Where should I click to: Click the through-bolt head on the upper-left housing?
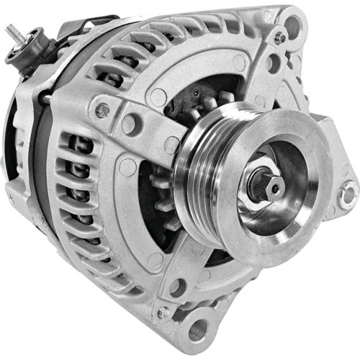click(x=104, y=111)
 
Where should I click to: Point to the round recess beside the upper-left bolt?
click(x=130, y=124)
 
